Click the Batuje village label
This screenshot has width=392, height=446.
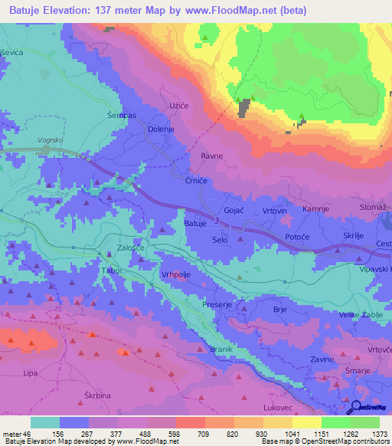pos(195,223)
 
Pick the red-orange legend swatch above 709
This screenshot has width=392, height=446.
pos(191,422)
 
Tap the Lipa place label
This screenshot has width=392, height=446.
pos(31,372)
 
